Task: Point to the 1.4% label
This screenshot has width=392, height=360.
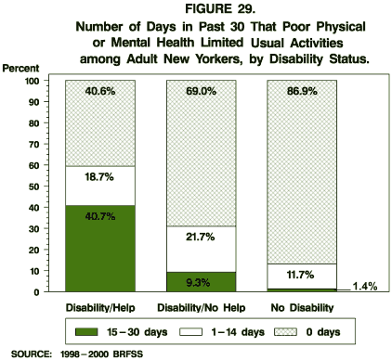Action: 364,287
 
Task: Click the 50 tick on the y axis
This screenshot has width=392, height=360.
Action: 47,186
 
